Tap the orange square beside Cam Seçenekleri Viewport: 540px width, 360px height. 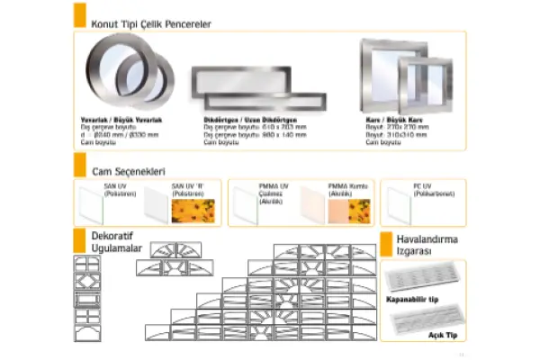tap(79, 167)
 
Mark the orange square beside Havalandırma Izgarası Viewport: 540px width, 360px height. tap(387, 245)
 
